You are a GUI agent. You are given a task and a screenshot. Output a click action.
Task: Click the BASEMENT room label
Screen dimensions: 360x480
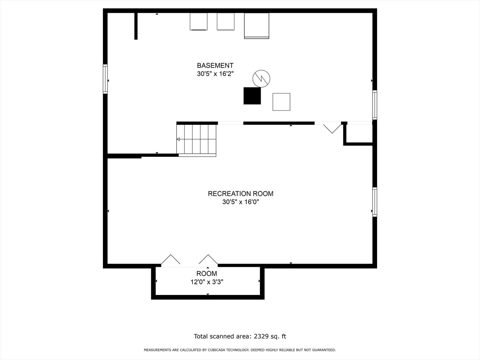[x=215, y=66]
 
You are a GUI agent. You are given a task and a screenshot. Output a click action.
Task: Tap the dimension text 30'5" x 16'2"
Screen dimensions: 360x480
[x=215, y=74]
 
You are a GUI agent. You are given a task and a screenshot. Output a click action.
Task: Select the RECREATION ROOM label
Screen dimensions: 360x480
[x=240, y=194]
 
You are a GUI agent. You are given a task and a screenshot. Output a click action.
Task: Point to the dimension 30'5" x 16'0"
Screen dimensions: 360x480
[x=240, y=202]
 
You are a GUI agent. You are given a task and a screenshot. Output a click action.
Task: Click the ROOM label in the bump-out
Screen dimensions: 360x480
[x=206, y=274]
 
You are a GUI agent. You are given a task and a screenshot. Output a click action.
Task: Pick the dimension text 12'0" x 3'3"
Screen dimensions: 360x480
[x=206, y=282]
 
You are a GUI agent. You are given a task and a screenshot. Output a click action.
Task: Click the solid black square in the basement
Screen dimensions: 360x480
[x=252, y=96]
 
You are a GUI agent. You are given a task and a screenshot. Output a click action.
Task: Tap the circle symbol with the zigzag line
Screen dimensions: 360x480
[x=261, y=79]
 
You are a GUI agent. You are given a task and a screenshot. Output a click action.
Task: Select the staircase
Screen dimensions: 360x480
[x=197, y=139]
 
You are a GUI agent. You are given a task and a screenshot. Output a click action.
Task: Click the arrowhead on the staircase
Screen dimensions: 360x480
[x=178, y=139]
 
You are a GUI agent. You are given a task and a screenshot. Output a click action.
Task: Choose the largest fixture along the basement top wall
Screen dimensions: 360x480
[x=256, y=26]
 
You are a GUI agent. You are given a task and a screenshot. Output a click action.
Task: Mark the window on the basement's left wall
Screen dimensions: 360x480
[x=105, y=79]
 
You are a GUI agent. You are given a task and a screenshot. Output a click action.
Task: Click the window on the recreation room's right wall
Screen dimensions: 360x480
[x=375, y=202]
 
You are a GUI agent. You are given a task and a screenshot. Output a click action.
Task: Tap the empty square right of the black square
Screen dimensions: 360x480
[x=281, y=102]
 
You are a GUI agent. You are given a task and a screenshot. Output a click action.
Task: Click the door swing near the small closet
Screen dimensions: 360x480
[x=332, y=128]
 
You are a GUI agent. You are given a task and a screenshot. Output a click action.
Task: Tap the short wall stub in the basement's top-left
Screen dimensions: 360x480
[x=136, y=26]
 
